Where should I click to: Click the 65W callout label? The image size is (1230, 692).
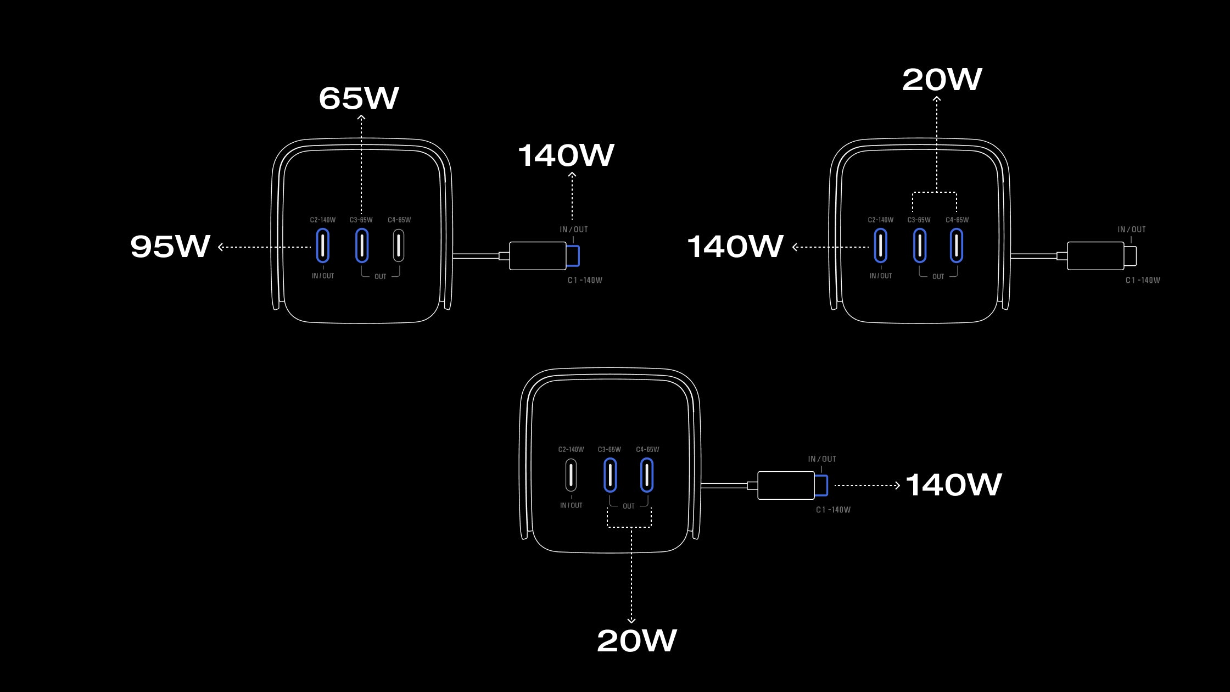tap(359, 98)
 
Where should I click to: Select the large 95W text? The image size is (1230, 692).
tap(170, 246)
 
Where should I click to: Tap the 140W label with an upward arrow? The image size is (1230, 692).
tap(566, 155)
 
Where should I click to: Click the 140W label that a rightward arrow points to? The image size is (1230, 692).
tap(954, 485)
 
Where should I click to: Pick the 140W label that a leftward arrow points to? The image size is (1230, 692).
tap(735, 247)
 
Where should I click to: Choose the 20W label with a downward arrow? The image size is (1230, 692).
tap(637, 641)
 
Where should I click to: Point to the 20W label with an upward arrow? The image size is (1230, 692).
tap(942, 80)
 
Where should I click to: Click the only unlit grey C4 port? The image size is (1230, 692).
tap(399, 245)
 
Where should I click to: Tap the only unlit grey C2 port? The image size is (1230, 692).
tap(571, 475)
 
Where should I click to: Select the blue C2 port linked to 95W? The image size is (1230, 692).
tap(323, 245)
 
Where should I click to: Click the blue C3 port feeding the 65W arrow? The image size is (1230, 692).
tap(362, 245)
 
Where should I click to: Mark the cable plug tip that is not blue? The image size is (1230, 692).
tap(1130, 256)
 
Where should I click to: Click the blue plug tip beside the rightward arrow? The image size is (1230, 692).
tap(821, 485)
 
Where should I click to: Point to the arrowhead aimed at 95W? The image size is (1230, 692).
tap(221, 247)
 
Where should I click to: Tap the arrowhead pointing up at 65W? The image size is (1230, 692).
tap(361, 118)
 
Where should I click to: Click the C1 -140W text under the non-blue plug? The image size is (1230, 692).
tap(1143, 280)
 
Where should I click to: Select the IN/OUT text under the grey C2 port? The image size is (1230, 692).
tap(571, 505)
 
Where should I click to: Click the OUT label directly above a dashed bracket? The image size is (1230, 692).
tap(629, 506)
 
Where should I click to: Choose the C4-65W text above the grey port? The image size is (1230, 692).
tap(399, 220)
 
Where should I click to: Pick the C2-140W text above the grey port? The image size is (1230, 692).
tap(571, 450)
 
